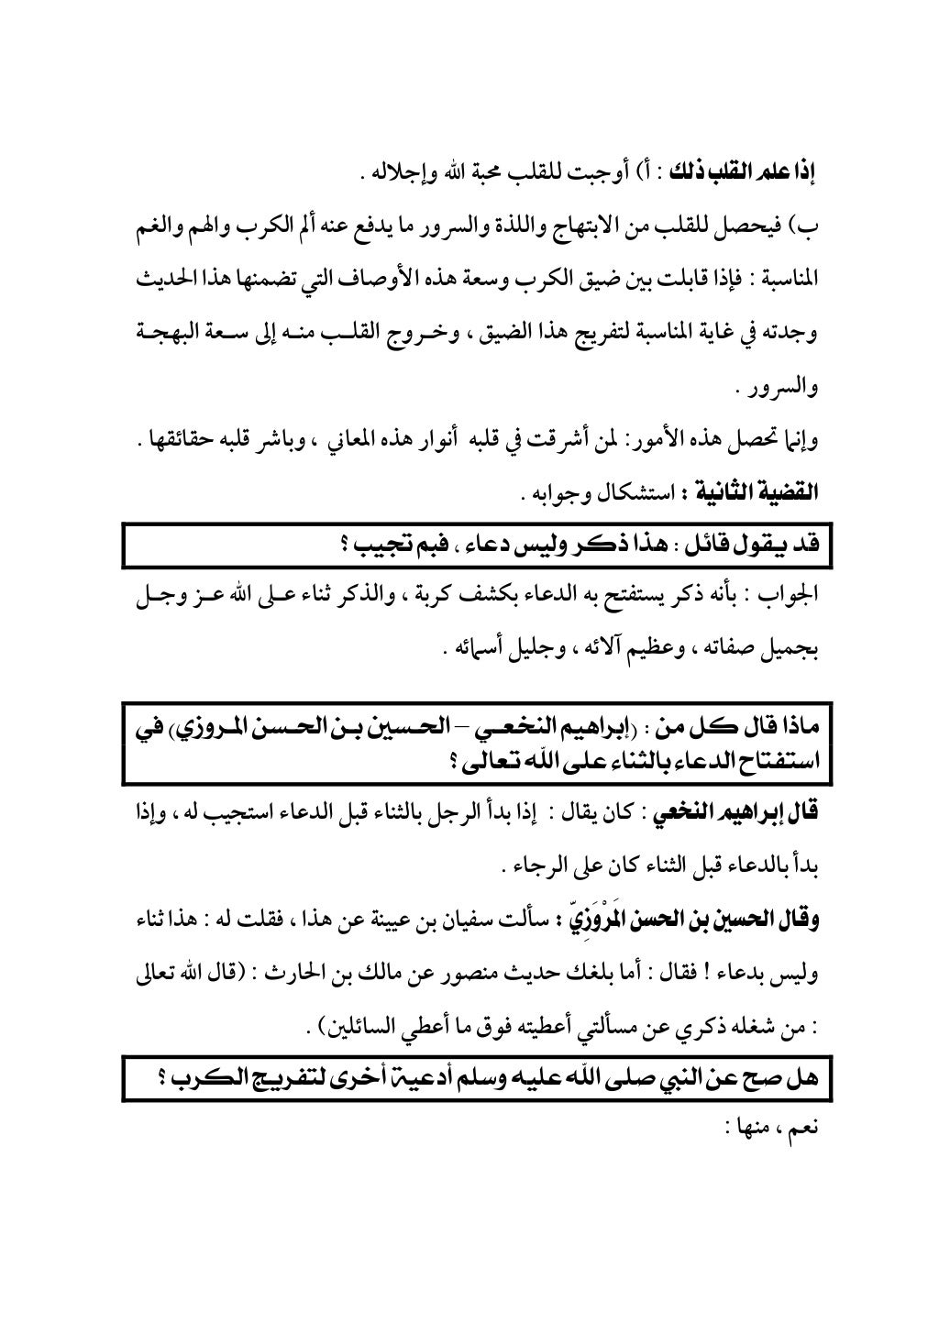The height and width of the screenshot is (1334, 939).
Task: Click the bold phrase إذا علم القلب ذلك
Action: [x=749, y=171]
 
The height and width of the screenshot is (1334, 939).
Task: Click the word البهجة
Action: [x=162, y=331]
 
